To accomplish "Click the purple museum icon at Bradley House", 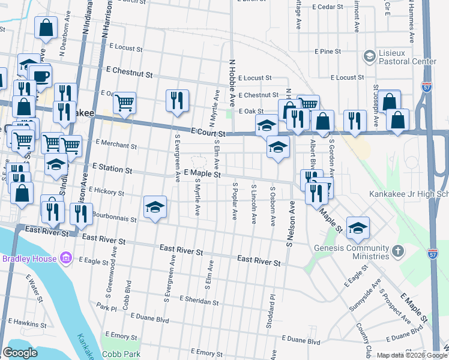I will coord(66,259).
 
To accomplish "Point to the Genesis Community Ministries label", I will coord(352,252).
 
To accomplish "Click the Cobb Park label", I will coord(121,354).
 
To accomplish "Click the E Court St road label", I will coord(208,131).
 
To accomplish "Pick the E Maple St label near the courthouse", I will coord(203,174).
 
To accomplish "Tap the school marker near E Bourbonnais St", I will coord(155,206).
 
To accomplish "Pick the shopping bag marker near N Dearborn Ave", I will coord(46,27).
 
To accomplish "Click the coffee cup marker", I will coord(41,75).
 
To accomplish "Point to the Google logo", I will coord(20,353).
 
